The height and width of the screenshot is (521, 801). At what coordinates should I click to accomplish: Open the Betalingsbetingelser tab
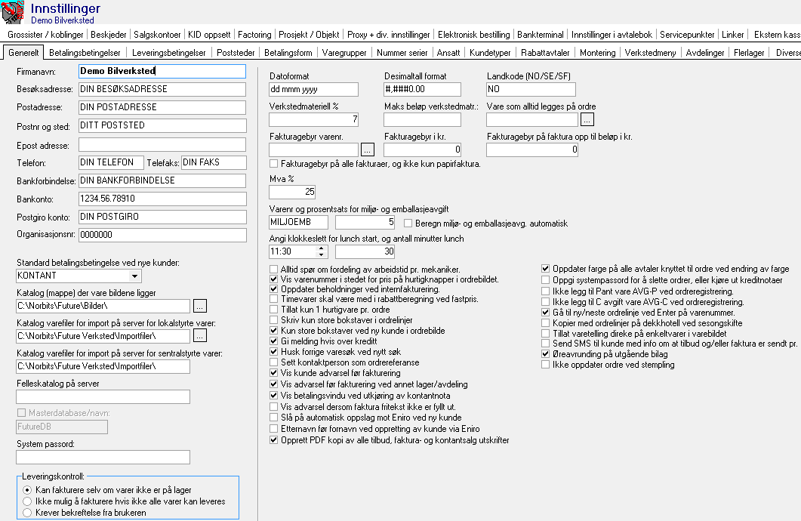85,53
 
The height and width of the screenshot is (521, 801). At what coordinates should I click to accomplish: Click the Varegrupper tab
344,53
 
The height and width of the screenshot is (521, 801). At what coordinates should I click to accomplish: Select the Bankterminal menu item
541,35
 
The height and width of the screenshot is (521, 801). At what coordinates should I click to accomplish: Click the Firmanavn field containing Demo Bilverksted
162,71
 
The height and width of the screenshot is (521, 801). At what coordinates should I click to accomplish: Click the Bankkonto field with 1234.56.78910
162,199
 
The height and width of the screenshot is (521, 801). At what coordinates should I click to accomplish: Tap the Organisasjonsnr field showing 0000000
162,235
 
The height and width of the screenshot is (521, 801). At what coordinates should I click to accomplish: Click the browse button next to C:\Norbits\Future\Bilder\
200,306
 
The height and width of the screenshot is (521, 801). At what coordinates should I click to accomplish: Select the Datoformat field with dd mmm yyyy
313,89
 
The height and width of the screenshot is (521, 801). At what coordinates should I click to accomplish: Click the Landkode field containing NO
532,89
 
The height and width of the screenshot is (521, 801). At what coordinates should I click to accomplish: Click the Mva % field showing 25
292,192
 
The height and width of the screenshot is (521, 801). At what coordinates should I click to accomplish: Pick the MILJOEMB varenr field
298,223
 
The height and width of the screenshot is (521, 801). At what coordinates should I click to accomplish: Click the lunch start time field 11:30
298,251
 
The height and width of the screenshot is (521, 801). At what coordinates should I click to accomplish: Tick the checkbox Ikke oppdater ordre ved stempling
546,365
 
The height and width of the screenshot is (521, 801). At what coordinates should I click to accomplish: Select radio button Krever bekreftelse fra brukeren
28,513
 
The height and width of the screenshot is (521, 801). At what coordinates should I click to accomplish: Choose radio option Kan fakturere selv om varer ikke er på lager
28,490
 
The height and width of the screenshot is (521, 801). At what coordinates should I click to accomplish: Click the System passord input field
103,457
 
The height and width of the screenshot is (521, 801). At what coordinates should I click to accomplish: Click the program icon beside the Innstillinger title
14,13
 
